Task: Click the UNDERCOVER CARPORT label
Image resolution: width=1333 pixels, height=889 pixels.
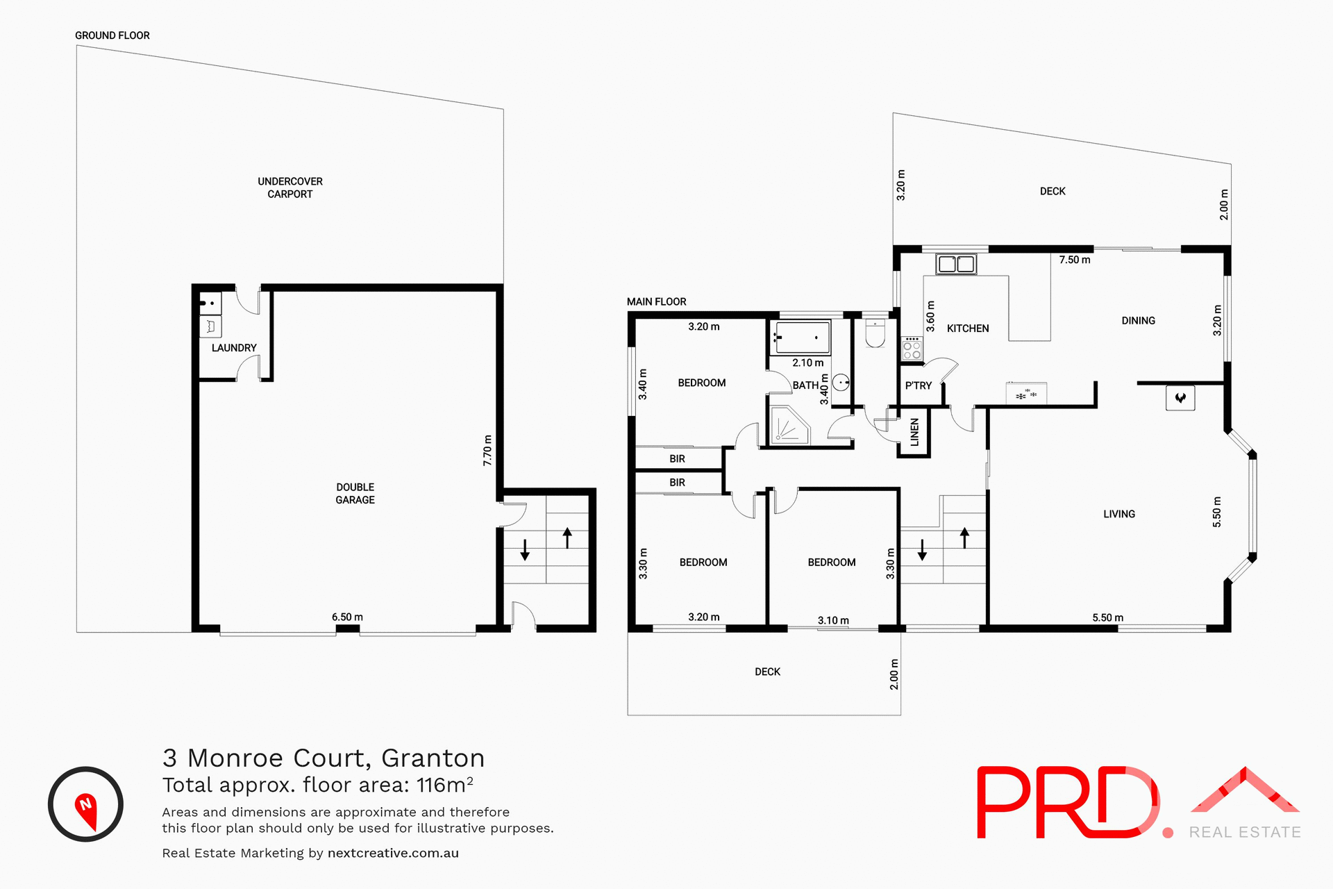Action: point(290,188)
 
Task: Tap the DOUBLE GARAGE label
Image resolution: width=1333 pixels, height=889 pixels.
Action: point(355,493)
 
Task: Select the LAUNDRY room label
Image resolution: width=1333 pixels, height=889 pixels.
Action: point(234,348)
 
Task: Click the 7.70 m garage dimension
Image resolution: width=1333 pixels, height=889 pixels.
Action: point(487,450)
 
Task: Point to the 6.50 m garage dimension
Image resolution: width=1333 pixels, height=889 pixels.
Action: point(347,617)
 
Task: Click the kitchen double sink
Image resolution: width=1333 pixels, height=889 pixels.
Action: point(956,264)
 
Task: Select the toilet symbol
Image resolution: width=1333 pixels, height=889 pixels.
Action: point(875,335)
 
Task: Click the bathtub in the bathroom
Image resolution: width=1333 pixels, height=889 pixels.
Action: point(802,338)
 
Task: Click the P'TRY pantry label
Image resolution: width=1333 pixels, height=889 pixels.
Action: point(918,385)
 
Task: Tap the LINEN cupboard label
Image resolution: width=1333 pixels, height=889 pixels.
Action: point(914,432)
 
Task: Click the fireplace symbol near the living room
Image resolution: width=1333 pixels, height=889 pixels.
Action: point(1180,398)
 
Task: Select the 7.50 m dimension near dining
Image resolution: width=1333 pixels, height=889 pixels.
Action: point(1074,260)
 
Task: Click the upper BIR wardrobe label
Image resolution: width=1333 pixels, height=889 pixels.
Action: point(677,458)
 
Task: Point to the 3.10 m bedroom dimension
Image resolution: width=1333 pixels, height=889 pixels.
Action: point(832,620)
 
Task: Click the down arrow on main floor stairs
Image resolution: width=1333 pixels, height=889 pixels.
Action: point(922,549)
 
